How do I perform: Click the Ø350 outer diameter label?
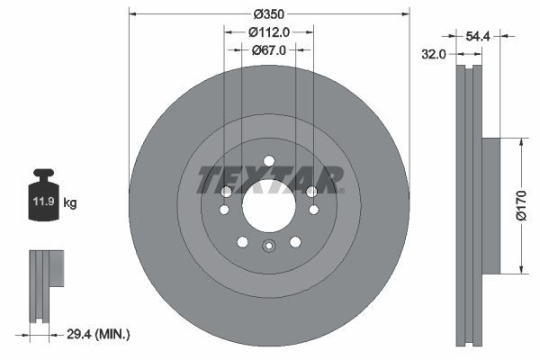(269, 14)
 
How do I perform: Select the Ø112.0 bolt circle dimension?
(268, 32)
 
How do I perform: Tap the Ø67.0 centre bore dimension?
(268, 50)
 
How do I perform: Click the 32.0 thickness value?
(435, 55)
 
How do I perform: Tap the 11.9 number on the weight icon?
(43, 202)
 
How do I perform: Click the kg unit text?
(70, 202)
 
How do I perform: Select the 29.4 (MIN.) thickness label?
(99, 334)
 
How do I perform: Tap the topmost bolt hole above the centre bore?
(268, 162)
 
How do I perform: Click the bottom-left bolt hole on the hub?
(242, 240)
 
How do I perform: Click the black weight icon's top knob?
(43, 173)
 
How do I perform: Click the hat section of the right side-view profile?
(490, 204)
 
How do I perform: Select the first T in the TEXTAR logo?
(210, 180)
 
